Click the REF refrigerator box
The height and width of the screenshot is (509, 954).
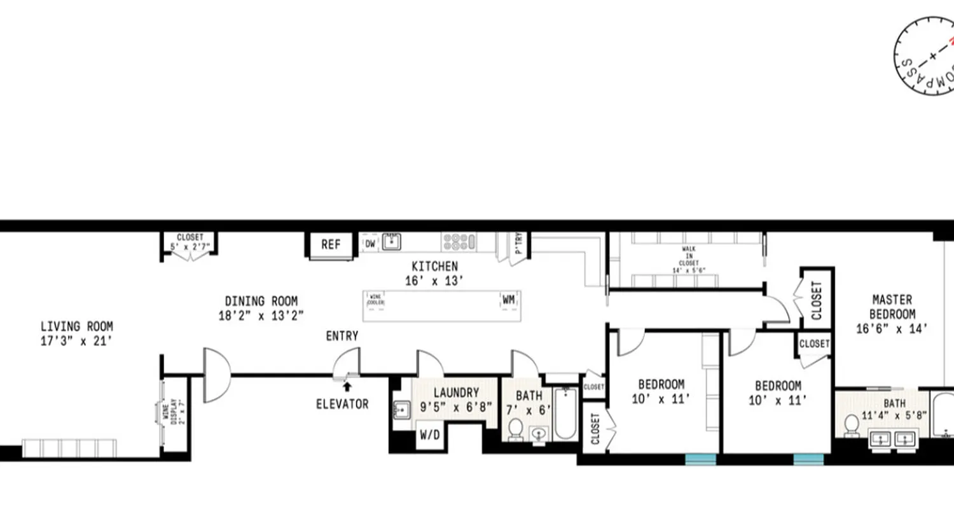331,245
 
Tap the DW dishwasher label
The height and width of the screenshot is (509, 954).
370,242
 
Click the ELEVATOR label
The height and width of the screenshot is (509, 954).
342,403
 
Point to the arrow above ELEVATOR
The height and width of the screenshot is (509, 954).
347,386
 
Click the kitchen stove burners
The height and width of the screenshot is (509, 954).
459,242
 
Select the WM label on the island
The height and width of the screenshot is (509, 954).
509,299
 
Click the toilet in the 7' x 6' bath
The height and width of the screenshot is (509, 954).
516,429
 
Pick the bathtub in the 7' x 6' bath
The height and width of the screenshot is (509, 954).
565,414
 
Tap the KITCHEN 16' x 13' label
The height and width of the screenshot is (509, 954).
434,273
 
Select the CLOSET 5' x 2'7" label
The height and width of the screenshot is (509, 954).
190,242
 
